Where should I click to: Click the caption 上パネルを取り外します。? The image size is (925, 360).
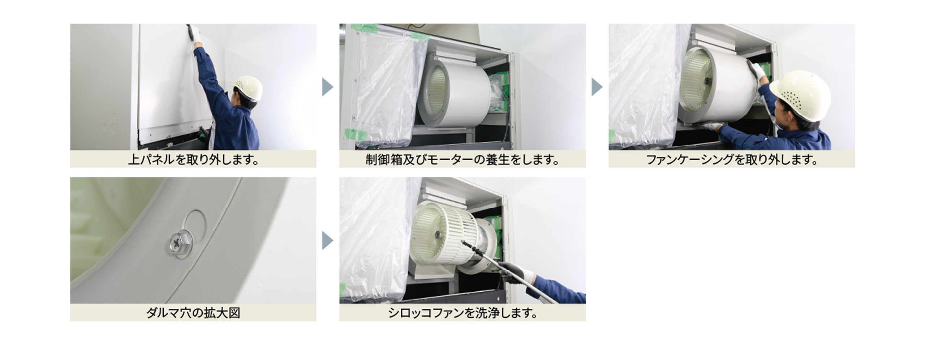click(193, 159)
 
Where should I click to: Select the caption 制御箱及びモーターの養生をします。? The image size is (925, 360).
click(462, 159)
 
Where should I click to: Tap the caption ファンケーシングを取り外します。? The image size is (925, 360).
click(732, 159)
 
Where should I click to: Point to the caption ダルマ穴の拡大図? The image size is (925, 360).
click(193, 313)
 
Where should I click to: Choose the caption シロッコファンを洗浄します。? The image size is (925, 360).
click(462, 313)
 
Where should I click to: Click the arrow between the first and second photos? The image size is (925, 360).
click(327, 87)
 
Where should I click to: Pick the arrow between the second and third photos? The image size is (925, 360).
click(597, 87)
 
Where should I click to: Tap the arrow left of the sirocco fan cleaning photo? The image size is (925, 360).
click(327, 241)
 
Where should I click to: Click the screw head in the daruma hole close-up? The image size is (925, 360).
click(179, 240)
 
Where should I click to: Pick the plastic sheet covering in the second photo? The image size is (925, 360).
click(385, 90)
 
